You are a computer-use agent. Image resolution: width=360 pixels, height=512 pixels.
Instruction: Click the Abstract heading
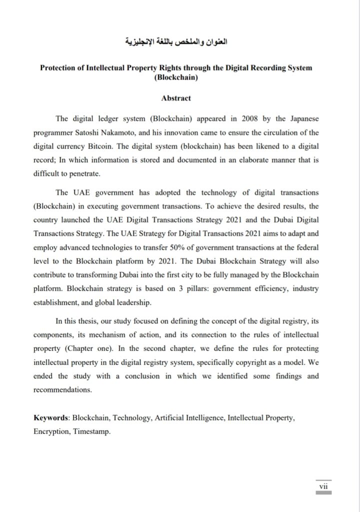tap(176, 98)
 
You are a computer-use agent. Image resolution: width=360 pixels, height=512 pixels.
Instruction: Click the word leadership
tap(153, 303)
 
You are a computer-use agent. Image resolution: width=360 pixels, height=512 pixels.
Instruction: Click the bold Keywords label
tap(52, 417)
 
